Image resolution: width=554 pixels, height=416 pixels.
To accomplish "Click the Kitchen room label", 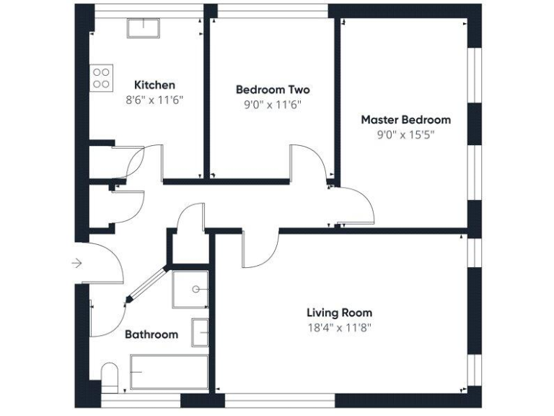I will pyautogui.click(x=154, y=85).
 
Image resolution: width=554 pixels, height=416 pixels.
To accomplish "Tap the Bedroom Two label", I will pyautogui.click(x=273, y=90).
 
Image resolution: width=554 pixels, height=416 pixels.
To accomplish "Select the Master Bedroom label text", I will pyautogui.click(x=405, y=119).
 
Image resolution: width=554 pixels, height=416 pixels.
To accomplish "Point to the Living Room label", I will pyautogui.click(x=339, y=313).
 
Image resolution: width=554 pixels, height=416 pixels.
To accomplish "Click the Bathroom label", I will pyautogui.click(x=151, y=334).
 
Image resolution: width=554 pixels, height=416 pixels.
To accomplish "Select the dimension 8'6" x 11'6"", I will pyautogui.click(x=154, y=100).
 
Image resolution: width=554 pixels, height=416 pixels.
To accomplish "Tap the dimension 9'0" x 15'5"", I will pyautogui.click(x=405, y=134).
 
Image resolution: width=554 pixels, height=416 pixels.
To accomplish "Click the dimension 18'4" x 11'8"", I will pyautogui.click(x=339, y=327).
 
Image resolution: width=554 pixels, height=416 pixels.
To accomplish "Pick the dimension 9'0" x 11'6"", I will pyautogui.click(x=273, y=104).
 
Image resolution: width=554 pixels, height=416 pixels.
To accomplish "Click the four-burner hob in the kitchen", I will pyautogui.click(x=102, y=77).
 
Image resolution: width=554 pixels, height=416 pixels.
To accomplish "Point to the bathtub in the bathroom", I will pyautogui.click(x=169, y=373).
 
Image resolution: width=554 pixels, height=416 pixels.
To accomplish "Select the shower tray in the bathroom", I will pyautogui.click(x=190, y=290).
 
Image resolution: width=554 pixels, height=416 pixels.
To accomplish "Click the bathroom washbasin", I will pyautogui.click(x=200, y=332).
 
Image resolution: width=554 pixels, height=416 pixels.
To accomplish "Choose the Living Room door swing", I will pyautogui.click(x=260, y=250).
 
